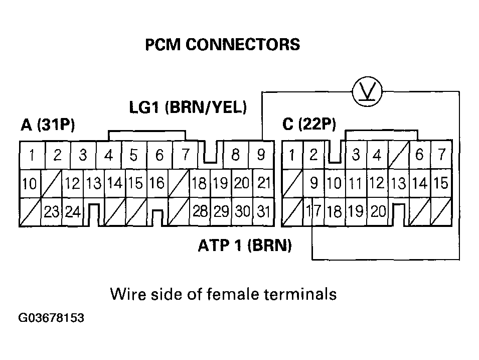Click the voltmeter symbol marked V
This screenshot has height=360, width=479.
tap(368, 91)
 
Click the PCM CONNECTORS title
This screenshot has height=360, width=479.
tap(222, 45)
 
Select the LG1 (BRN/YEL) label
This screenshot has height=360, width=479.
tap(188, 107)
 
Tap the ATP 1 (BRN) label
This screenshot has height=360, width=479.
tap(245, 246)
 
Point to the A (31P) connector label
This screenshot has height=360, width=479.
tap(48, 125)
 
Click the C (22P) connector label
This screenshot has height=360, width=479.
tap(309, 124)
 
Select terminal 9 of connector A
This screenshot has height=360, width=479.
tap(261, 155)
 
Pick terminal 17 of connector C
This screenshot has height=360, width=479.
tap(313, 211)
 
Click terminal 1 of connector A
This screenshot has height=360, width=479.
tap(32, 156)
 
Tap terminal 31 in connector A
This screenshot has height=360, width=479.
tap(263, 211)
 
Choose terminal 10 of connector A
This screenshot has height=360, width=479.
tap(30, 184)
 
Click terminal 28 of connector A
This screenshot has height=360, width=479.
tap(200, 211)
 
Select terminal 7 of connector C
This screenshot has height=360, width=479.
tap(441, 155)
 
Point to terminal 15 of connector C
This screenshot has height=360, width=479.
tap(441, 183)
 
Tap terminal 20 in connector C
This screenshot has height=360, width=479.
tap(379, 211)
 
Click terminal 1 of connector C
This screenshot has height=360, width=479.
tap(291, 155)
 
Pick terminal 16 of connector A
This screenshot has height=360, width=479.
tap(157, 183)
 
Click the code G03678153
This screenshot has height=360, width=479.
tap(51, 318)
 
